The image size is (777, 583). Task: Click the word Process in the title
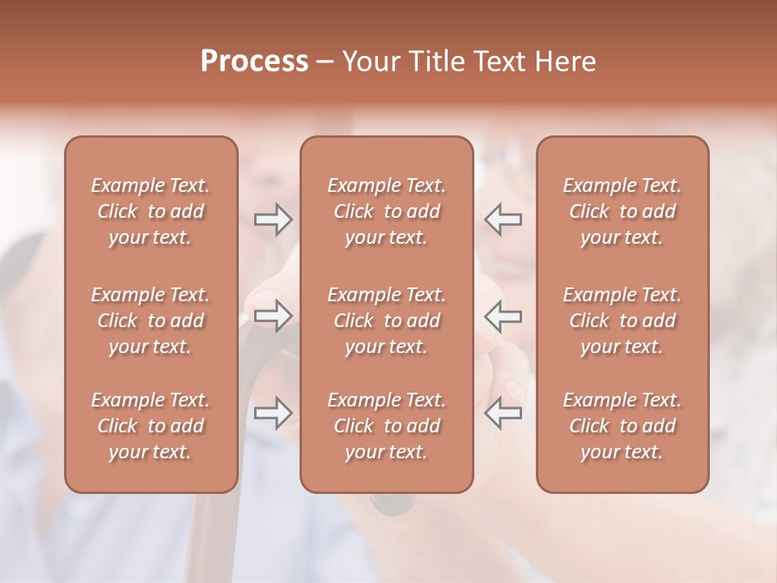[x=254, y=62]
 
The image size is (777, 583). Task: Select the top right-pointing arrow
[x=273, y=219]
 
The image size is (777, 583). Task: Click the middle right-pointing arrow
[x=273, y=316]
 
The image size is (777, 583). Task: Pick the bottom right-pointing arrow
[x=273, y=413]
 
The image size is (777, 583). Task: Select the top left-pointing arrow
[x=503, y=219]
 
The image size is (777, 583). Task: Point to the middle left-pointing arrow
[x=503, y=316]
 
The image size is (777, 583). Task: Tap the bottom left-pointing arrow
[x=503, y=413]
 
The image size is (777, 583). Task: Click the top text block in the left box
[x=151, y=211]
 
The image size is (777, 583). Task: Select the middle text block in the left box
[x=151, y=321]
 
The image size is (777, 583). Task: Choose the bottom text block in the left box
[x=151, y=426]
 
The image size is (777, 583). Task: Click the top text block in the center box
[x=386, y=211]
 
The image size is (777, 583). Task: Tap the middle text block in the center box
[x=386, y=321]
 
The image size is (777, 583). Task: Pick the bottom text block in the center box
[x=386, y=426]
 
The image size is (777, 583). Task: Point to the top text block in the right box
[x=622, y=211]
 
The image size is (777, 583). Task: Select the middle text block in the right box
[x=622, y=321]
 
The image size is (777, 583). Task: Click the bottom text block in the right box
[x=622, y=426]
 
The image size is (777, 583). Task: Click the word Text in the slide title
[x=502, y=62]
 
